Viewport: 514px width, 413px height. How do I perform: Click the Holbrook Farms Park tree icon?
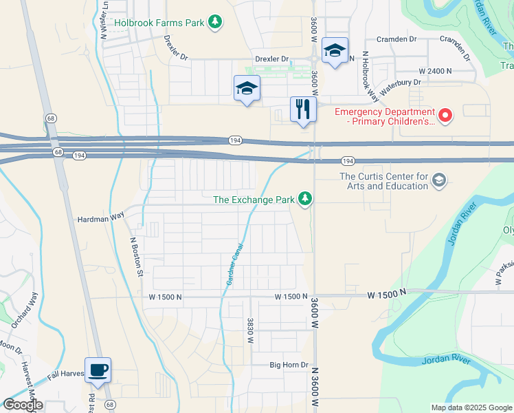pyautogui.click(x=216, y=23)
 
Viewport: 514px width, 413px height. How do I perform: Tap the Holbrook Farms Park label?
pyautogui.click(x=160, y=23)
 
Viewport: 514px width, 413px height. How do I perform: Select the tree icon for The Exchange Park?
pyautogui.click(x=305, y=200)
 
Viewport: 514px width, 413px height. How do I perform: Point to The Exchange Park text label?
pyautogui.click(x=253, y=200)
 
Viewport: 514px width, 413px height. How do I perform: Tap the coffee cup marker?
pyautogui.click(x=98, y=370)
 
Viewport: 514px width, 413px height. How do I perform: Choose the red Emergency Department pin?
pyautogui.click(x=445, y=114)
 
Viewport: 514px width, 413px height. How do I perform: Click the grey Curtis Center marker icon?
pyautogui.click(x=438, y=181)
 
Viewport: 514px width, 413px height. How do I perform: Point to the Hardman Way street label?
pyautogui.click(x=100, y=216)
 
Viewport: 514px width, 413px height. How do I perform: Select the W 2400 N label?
pyautogui.click(x=435, y=71)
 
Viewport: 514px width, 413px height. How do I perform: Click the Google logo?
pyautogui.click(x=23, y=405)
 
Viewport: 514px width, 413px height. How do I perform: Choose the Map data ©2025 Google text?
pyautogui.click(x=471, y=407)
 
